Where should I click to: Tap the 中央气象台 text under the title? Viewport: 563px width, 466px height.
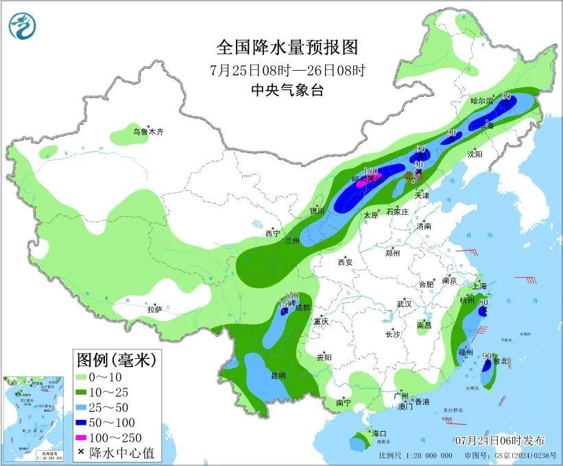pos(287,90)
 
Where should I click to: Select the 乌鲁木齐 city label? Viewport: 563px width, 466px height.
pos(148,131)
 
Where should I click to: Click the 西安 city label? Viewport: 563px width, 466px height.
pos(345,261)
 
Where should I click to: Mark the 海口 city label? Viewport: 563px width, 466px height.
pos(379,434)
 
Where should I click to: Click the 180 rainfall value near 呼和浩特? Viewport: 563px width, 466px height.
pos(370,171)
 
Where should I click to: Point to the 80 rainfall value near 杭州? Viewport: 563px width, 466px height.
pos(483,301)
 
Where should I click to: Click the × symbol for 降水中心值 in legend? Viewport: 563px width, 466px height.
pos(80,452)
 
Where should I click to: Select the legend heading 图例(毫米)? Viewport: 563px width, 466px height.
pos(116,359)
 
